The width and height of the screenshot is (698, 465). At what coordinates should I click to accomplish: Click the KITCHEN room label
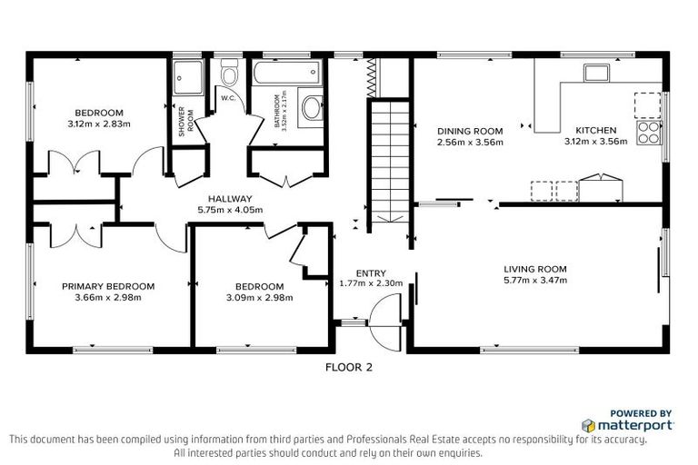(x=595, y=130)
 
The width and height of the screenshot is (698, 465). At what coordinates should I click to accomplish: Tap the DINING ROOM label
(x=470, y=131)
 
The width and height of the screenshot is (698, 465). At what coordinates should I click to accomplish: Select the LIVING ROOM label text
(x=535, y=269)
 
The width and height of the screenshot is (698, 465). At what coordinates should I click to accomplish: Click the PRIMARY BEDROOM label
(x=108, y=286)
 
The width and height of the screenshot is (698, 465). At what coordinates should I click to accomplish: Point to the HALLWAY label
(x=229, y=199)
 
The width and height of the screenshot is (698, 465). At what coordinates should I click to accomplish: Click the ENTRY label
(x=371, y=272)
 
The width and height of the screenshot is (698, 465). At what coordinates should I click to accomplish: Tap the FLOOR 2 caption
(x=349, y=368)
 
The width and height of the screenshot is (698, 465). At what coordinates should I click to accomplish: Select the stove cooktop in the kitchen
(x=649, y=134)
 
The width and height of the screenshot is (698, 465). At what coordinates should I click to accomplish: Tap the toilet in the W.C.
(x=228, y=74)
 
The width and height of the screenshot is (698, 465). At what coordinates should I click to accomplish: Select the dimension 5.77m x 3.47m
(x=535, y=281)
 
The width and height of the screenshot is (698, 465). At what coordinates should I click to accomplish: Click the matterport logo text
(x=634, y=425)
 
